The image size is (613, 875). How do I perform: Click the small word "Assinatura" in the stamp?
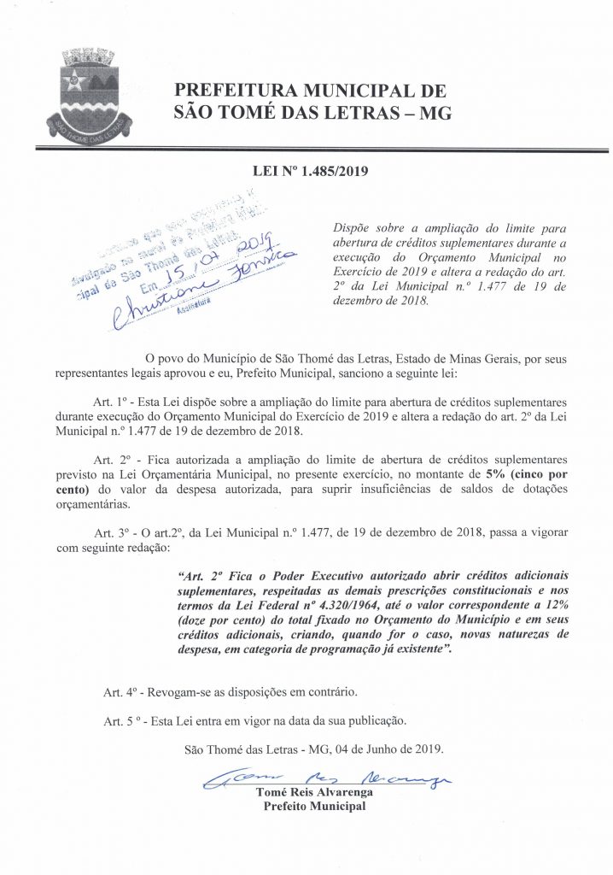(x=194, y=313)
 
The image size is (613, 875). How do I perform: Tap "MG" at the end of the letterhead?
(x=432, y=113)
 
